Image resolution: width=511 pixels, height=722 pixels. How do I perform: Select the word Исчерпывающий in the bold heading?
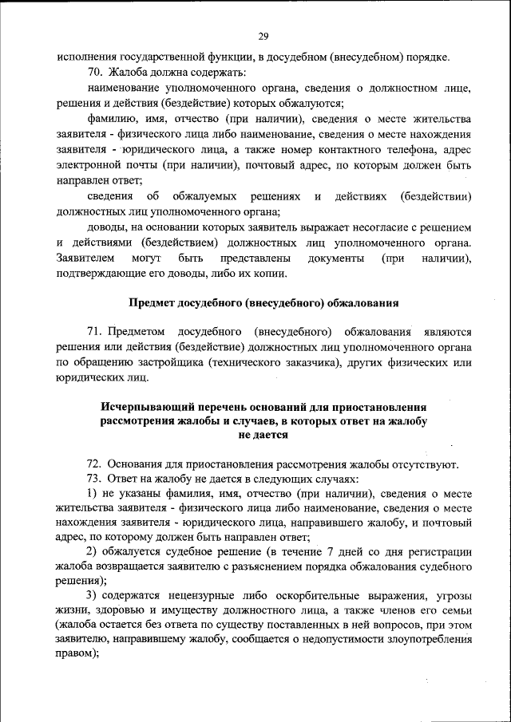pos(143,406)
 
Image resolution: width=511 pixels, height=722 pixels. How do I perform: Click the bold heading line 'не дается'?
pos(263,436)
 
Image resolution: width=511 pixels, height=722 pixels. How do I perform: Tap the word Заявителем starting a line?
pos(85,258)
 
